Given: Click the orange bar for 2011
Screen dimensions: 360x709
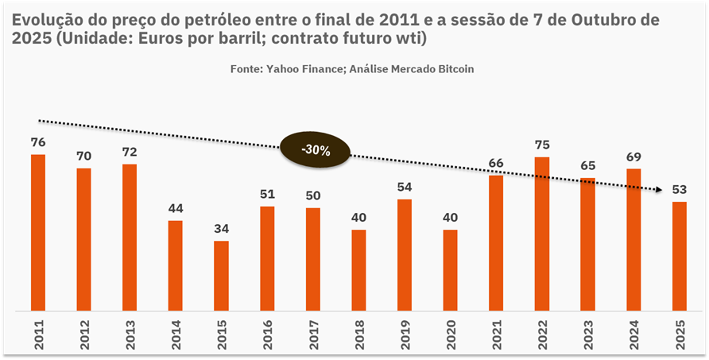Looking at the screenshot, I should click(x=38, y=232).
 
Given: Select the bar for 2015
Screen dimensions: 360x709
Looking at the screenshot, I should click(x=221, y=275).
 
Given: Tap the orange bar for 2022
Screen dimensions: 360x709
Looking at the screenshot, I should click(x=542, y=234).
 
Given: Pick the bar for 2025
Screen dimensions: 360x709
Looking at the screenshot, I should click(x=680, y=256).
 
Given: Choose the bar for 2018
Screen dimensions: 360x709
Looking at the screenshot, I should click(x=358, y=270).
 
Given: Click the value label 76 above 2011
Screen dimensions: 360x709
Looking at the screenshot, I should click(x=38, y=142).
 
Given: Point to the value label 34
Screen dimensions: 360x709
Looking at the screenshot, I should click(x=221, y=229).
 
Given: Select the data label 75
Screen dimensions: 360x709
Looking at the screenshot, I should click(x=542, y=145).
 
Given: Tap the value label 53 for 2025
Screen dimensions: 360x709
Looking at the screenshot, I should click(x=680, y=189).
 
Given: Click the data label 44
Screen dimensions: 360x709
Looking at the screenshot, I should click(x=176, y=208).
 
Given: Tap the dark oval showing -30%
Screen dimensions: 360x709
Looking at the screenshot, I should click(x=315, y=149).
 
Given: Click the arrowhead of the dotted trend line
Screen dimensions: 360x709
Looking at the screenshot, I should click(x=659, y=190).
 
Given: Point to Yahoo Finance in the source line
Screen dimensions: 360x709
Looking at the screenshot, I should click(x=301, y=69).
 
